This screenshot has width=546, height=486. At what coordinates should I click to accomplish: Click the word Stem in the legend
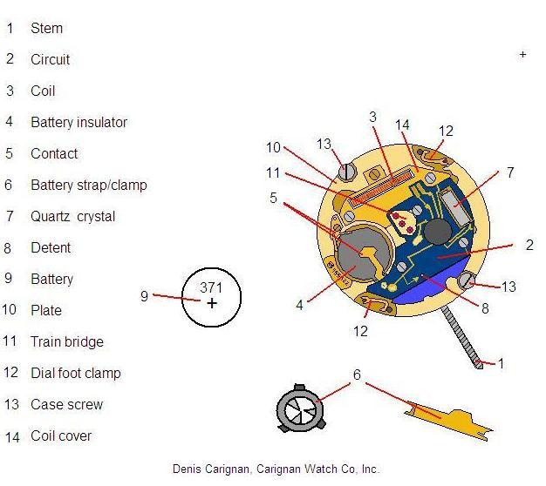(x=46, y=28)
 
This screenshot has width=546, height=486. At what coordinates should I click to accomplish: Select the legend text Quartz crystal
(x=72, y=216)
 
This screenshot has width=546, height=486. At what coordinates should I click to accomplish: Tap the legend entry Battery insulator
(x=78, y=122)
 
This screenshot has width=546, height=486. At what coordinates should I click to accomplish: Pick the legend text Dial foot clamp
(x=75, y=373)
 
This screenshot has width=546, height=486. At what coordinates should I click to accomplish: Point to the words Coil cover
(x=60, y=435)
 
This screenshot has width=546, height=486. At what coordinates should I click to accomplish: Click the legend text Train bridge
(x=66, y=341)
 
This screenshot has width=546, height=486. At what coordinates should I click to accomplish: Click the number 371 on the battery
(x=211, y=287)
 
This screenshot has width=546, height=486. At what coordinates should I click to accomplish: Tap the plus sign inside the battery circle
(x=211, y=303)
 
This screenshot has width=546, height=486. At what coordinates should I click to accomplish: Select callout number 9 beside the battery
(x=144, y=296)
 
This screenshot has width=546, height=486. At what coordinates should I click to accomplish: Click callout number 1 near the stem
(x=501, y=363)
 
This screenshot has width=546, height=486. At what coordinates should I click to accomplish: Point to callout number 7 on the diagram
(x=510, y=172)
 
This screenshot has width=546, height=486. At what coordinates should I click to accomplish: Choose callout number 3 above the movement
(x=372, y=117)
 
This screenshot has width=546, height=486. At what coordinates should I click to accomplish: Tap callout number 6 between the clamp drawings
(x=356, y=375)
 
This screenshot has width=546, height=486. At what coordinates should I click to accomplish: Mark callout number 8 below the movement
(x=485, y=307)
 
